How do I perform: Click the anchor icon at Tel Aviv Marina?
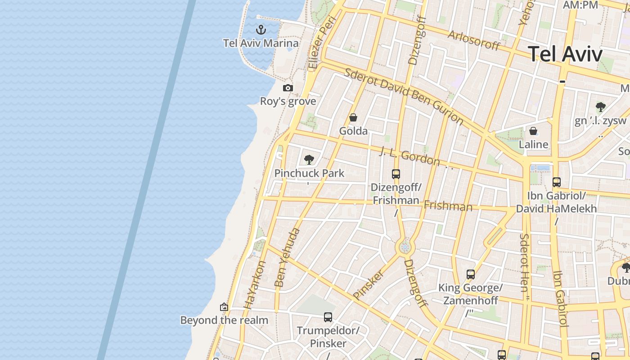point(261,30)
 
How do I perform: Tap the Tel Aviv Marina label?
point(261,43)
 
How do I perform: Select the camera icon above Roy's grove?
point(288,88)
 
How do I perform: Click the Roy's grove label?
point(288,101)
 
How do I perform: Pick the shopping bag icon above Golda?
point(353,117)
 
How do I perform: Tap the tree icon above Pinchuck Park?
point(309,159)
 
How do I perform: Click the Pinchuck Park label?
point(309,173)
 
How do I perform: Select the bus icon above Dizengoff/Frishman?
point(396,174)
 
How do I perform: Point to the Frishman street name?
point(448,206)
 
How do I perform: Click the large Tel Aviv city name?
point(565,54)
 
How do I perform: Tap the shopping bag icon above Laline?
point(533,131)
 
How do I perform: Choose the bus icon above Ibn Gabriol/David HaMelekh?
point(557,182)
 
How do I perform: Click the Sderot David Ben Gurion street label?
point(404,96)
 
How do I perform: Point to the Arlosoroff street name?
point(474,40)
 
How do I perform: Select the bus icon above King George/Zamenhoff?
point(471,274)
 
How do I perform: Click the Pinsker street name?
point(369,284)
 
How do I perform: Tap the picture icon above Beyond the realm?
point(224,307)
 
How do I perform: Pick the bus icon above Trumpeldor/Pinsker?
point(328,317)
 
